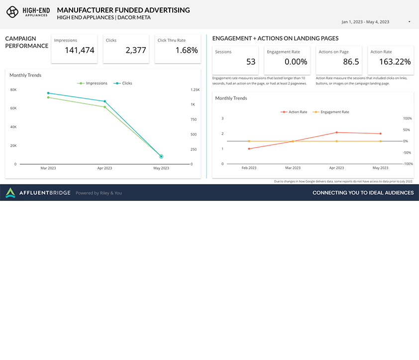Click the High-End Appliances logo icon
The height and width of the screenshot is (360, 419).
(x=12, y=11)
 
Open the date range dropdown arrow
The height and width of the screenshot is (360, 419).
(x=409, y=22)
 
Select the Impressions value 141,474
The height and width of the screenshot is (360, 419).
(x=80, y=50)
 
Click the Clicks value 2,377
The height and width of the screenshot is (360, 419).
(x=136, y=50)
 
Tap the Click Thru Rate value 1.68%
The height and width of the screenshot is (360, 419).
(x=187, y=50)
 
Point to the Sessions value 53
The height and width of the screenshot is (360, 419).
(x=251, y=62)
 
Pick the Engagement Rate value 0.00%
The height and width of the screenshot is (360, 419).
(x=296, y=62)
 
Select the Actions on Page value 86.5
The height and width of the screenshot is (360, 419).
(x=351, y=62)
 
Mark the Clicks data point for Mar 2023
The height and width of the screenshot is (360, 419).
(x=48, y=93)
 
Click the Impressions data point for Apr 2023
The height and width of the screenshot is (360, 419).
(x=105, y=107)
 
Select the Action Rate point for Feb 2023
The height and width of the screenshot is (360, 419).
(x=249, y=149)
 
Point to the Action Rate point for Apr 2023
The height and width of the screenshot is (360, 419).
(x=337, y=132)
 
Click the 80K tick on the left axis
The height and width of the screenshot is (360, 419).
(x=13, y=90)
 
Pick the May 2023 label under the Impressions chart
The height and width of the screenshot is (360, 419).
(x=161, y=168)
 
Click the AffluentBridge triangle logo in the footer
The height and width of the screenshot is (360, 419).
(x=10, y=193)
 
